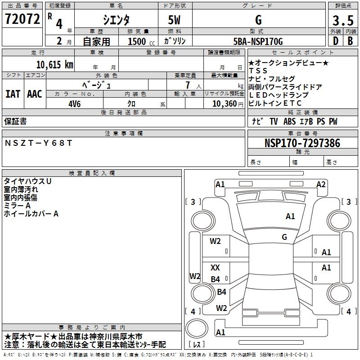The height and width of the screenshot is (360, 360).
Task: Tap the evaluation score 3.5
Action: coord(342,21)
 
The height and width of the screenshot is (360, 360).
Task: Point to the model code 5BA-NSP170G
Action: coord(258,42)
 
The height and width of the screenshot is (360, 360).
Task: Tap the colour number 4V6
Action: coord(74,103)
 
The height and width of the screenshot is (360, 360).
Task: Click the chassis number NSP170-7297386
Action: coord(302,143)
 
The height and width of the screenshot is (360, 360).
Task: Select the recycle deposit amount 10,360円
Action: coord(224,103)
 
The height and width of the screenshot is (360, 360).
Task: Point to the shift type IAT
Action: coord(13,94)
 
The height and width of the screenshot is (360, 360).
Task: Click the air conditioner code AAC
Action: coord(34,94)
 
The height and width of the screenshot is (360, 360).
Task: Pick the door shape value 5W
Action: coord(175,21)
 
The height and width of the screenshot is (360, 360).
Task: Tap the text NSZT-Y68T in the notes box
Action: coord(38,143)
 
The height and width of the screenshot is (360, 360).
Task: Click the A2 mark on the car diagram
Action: coord(321,184)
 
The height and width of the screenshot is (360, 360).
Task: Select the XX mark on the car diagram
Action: coord(215,268)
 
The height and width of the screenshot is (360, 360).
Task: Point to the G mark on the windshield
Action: coord(284,237)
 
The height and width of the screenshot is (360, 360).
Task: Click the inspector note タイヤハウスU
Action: coord(27,181)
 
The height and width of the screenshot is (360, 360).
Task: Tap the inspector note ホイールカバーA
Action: coord(31,214)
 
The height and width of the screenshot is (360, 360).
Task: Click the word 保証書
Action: coord(15,121)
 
